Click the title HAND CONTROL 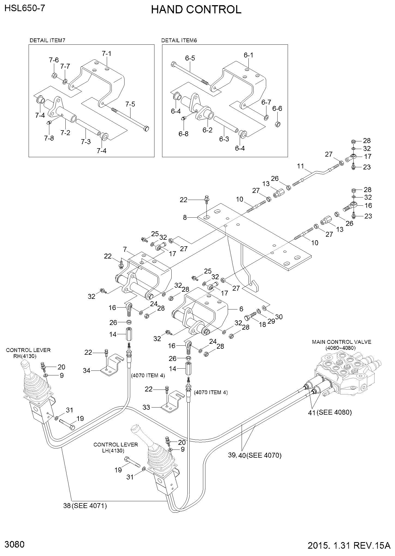[196, 10]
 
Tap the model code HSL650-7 [25, 8]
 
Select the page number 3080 [14, 545]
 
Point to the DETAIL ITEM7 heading [47, 41]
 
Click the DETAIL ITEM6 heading [179, 41]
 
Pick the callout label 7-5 [130, 104]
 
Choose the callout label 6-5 [190, 58]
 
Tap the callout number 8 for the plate [185, 217]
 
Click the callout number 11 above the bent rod [300, 166]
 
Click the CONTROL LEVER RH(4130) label [28, 353]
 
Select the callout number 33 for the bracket [147, 408]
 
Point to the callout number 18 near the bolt [262, 325]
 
